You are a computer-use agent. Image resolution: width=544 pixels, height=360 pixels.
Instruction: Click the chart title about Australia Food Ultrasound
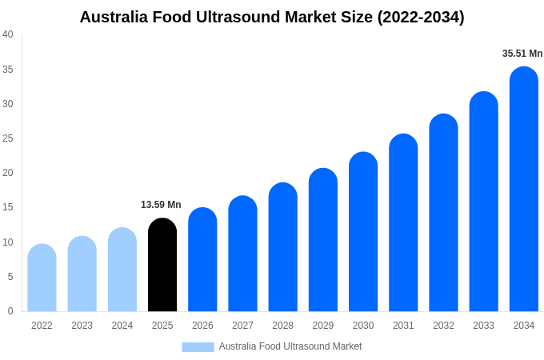click(272, 17)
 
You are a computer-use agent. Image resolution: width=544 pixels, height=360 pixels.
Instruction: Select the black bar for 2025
click(162, 265)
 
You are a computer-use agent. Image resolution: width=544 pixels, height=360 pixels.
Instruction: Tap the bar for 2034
click(524, 190)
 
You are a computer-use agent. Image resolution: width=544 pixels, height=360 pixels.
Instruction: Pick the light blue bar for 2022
click(42, 278)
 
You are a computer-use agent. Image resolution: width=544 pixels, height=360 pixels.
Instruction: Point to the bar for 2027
click(242, 254)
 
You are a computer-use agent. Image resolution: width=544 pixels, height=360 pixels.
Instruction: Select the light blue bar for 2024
click(122, 270)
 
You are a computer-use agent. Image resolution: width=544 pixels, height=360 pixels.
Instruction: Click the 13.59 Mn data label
click(161, 205)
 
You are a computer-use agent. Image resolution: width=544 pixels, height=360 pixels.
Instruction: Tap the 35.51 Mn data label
click(522, 54)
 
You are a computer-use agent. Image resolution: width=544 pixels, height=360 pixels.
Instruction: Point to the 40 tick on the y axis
click(8, 34)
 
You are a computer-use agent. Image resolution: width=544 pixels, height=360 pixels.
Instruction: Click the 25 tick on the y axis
click(8, 138)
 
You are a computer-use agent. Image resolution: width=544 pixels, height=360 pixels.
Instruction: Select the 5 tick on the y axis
click(10, 277)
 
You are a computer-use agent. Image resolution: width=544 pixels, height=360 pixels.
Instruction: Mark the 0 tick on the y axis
click(10, 311)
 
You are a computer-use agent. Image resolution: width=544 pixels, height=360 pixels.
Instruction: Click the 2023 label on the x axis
click(82, 326)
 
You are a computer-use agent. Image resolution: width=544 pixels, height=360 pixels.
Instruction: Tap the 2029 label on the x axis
click(323, 326)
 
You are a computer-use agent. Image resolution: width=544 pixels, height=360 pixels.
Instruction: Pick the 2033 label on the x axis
click(483, 326)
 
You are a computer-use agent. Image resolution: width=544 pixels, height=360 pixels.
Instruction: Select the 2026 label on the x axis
click(202, 326)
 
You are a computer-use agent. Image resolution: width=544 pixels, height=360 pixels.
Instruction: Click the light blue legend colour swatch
click(198, 347)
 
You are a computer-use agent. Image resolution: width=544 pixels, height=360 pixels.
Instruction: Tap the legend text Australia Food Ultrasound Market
click(290, 346)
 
